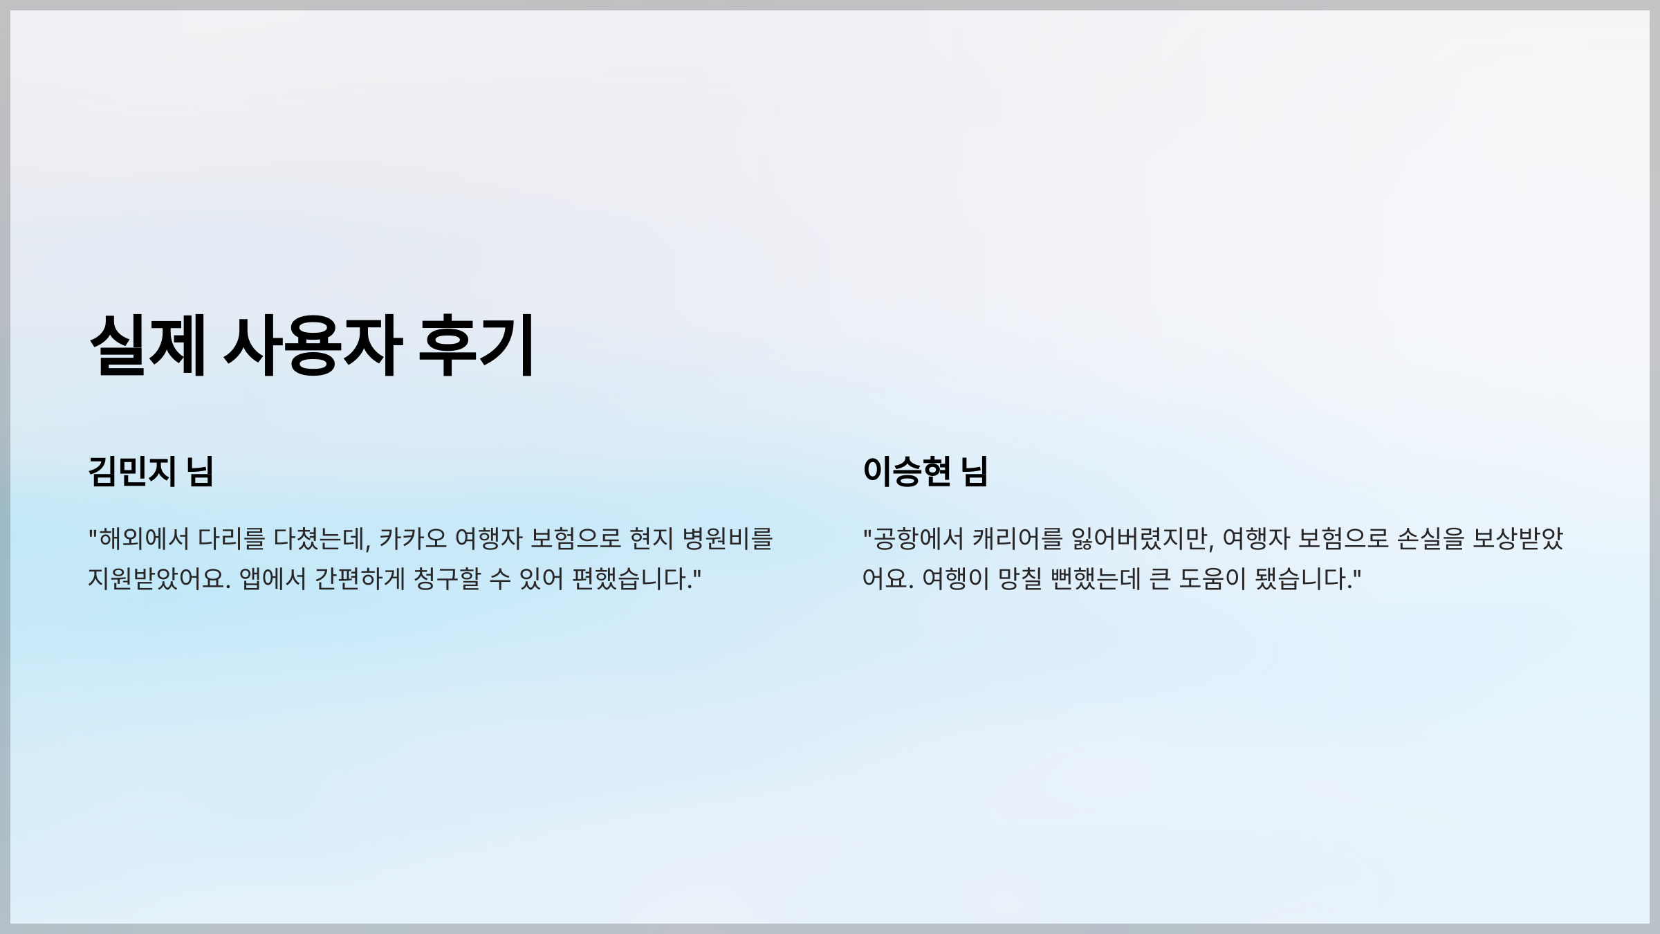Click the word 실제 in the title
click(147, 345)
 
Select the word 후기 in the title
click(477, 345)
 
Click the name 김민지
click(131, 471)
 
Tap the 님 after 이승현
click(974, 471)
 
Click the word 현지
click(651, 538)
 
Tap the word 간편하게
click(360, 578)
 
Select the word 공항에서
click(917, 538)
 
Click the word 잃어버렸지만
click(1142, 538)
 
